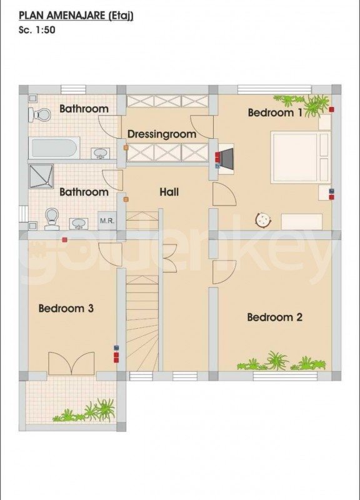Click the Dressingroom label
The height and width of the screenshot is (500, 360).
pos(162,134)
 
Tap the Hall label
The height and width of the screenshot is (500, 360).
pos(169,192)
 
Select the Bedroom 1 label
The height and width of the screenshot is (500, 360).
pos(275,112)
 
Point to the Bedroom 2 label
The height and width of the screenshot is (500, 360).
pos(274,317)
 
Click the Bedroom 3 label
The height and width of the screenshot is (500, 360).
pos(66,308)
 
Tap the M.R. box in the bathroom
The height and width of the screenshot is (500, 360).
pos(107,221)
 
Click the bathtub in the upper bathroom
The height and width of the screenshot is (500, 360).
pos(54,148)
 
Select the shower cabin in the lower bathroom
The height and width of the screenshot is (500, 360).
pos(41,176)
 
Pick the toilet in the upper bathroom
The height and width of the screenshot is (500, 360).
pos(39,115)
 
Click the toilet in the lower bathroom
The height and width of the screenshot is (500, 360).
pos(52,219)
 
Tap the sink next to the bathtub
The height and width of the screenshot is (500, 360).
pos(101,153)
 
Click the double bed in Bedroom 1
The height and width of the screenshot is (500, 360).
pos(300,157)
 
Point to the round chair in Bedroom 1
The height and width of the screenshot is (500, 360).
pos(263,220)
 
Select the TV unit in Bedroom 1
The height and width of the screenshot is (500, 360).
pos(226,159)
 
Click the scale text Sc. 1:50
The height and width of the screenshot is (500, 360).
pos(37,30)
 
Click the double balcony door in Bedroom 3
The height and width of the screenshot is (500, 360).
pos(71,363)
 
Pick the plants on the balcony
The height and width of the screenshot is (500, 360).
pos(86,411)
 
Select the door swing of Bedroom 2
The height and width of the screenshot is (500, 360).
pos(224,272)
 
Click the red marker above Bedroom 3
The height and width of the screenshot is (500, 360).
pos(65,239)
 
